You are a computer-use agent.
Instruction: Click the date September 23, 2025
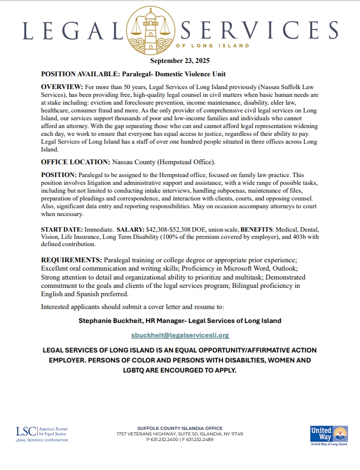(x=180, y=61)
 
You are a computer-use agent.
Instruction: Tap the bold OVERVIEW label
(x=61, y=88)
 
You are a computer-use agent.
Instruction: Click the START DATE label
(x=61, y=229)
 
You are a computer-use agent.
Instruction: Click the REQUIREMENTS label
(x=71, y=260)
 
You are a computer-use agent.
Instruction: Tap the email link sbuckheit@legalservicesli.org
(x=180, y=335)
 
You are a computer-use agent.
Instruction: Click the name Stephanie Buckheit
(x=113, y=321)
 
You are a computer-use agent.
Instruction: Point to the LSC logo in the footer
(x=42, y=433)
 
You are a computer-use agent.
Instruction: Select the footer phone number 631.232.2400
(x=165, y=439)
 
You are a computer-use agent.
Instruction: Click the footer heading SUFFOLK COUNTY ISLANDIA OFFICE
(x=179, y=428)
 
